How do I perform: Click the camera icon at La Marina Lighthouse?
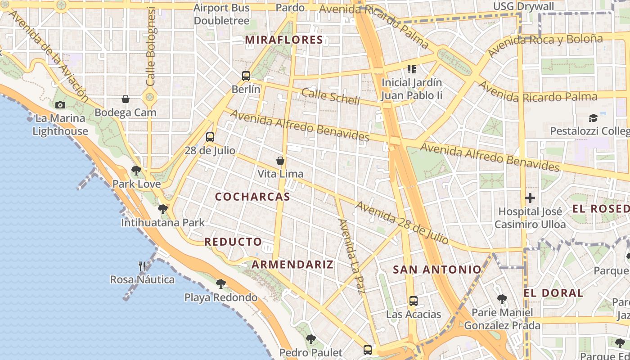coord(60,105)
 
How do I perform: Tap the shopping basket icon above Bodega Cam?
coord(126,99)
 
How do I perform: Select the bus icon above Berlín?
coord(246,76)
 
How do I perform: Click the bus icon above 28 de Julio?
coord(210,137)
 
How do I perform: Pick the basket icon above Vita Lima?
coord(280,160)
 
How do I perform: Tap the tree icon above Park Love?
coord(136,171)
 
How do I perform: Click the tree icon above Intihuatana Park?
coord(163,209)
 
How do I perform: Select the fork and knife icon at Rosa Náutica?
coord(142,266)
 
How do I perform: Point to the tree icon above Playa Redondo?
coord(220,283)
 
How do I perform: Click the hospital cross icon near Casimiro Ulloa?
coord(530,198)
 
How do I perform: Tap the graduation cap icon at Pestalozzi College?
coord(593,118)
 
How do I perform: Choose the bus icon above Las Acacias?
coord(413,301)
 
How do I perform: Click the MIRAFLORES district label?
coord(284,40)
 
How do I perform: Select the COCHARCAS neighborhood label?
coord(252,197)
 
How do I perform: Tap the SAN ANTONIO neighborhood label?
coord(437,270)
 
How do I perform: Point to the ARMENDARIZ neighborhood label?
coord(292,265)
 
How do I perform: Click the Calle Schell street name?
coord(330,96)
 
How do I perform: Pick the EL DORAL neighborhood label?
coord(553,293)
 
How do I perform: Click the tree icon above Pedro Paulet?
coord(310,339)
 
